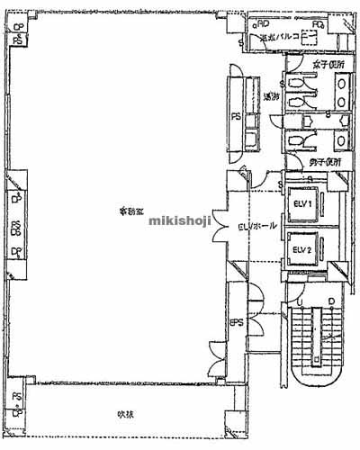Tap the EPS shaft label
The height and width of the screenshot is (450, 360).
[x=237, y=320]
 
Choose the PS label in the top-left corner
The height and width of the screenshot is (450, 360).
[x=18, y=40]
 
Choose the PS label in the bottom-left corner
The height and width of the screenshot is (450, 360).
[x=17, y=397]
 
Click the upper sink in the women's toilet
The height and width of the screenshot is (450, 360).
[x=342, y=84]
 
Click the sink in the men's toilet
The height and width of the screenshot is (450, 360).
[x=342, y=139]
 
